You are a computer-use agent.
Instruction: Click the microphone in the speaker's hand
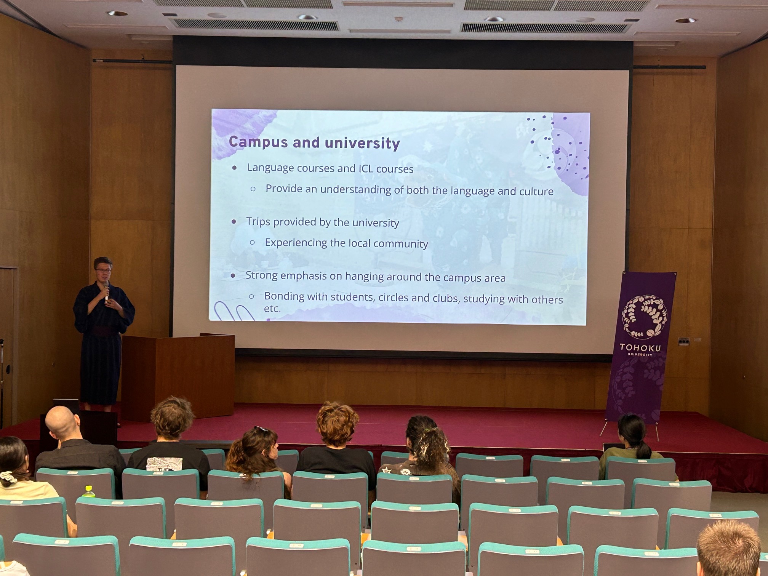[106, 291]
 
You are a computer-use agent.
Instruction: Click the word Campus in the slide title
[258, 142]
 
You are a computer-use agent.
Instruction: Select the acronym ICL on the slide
[366, 168]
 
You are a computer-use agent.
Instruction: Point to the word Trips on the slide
[258, 222]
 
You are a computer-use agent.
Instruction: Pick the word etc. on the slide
[272, 309]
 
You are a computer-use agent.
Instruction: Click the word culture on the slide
[536, 191]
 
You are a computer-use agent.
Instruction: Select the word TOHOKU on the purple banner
[640, 347]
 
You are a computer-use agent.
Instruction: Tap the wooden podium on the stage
[178, 375]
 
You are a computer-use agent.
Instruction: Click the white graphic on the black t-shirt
[165, 464]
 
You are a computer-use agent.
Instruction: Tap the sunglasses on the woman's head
[261, 429]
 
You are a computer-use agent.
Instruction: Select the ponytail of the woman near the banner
[643, 449]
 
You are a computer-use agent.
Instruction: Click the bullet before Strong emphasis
[233, 275]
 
